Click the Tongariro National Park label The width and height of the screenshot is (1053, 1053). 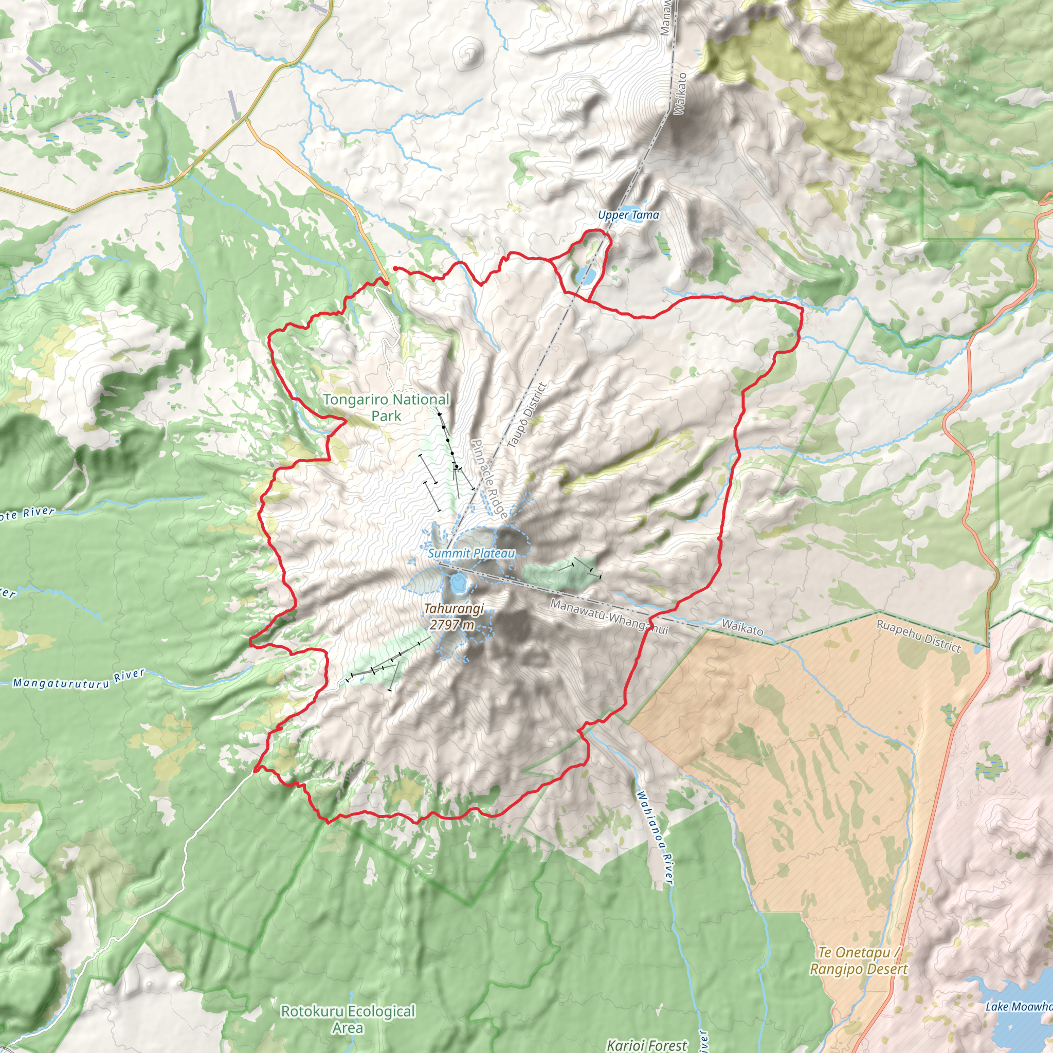click(386, 407)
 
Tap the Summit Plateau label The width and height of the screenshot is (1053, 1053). click(471, 553)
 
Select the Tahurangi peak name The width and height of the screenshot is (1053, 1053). click(453, 608)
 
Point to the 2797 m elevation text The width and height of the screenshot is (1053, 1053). click(451, 625)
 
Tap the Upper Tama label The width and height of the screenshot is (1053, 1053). click(628, 215)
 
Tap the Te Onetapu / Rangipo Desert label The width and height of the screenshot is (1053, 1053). click(858, 961)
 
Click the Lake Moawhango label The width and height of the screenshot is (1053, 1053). click(1018, 1007)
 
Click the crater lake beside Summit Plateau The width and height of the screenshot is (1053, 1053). click(458, 584)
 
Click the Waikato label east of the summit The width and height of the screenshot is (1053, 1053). click(742, 628)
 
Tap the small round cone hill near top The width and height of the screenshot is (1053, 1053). click(470, 53)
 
